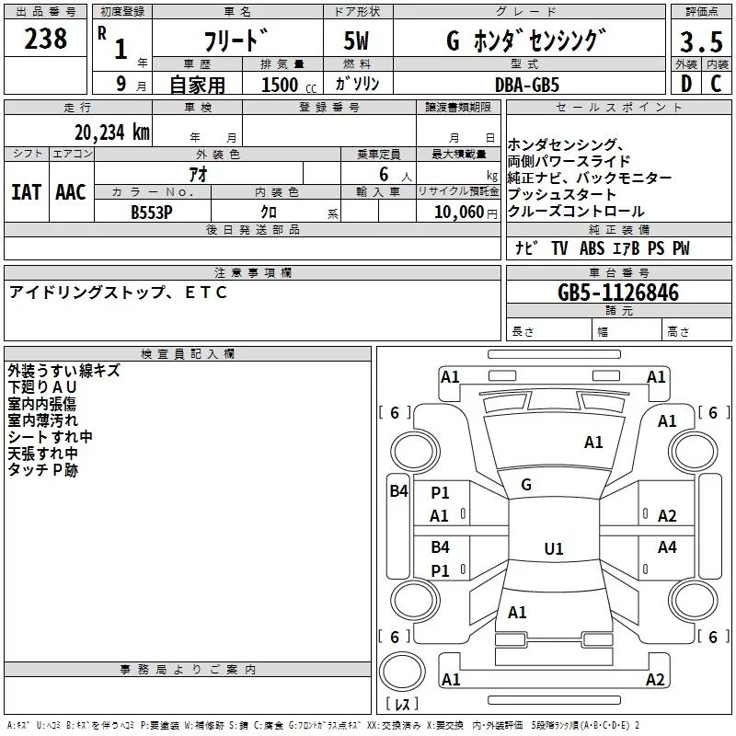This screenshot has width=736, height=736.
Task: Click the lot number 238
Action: [45, 39]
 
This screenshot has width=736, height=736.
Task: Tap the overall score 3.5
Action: [701, 41]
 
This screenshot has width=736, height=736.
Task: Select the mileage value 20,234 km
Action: [111, 132]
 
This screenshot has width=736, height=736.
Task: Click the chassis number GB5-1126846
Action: [618, 292]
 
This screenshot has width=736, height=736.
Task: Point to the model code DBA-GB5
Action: [527, 85]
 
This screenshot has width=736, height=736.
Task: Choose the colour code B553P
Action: [152, 213]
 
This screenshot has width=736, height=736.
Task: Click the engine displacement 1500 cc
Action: [289, 85]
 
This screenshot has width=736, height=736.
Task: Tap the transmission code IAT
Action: [27, 192]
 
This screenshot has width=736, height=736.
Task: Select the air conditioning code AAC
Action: [71, 192]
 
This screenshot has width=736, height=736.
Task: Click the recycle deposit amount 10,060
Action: [459, 212]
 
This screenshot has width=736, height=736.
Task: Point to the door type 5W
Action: [356, 40]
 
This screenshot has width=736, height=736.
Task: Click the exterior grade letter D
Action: [686, 84]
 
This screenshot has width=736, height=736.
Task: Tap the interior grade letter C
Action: [716, 84]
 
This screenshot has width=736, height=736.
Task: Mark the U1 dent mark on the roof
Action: [554, 548]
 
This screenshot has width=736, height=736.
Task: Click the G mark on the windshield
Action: [526, 485]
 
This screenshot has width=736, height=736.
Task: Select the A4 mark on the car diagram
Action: [667, 546]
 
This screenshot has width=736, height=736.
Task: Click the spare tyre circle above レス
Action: [402, 672]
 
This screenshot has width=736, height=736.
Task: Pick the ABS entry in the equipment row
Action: [592, 248]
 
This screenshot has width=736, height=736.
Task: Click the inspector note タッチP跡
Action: [42, 470]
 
